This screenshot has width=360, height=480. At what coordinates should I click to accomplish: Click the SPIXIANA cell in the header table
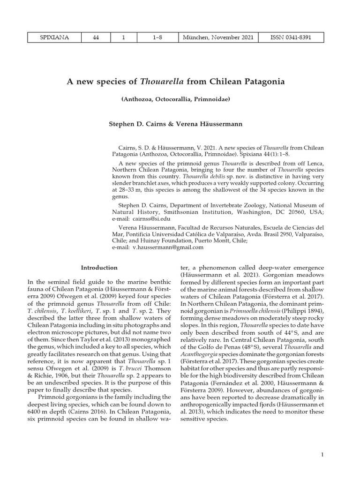(x=53, y=37)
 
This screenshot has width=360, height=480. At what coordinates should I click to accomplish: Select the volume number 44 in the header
(x=95, y=37)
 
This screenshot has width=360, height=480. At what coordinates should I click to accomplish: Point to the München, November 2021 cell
(x=219, y=37)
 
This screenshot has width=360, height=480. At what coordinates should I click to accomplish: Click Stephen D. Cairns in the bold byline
(x=137, y=124)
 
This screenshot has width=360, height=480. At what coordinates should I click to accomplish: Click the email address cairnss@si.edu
(x=152, y=218)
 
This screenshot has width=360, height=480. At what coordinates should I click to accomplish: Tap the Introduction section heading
(x=99, y=268)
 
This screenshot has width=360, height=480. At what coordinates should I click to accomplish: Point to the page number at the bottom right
(x=323, y=455)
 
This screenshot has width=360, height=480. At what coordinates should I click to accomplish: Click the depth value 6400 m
(x=36, y=401)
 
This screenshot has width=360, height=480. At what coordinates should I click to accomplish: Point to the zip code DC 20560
(x=285, y=211)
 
